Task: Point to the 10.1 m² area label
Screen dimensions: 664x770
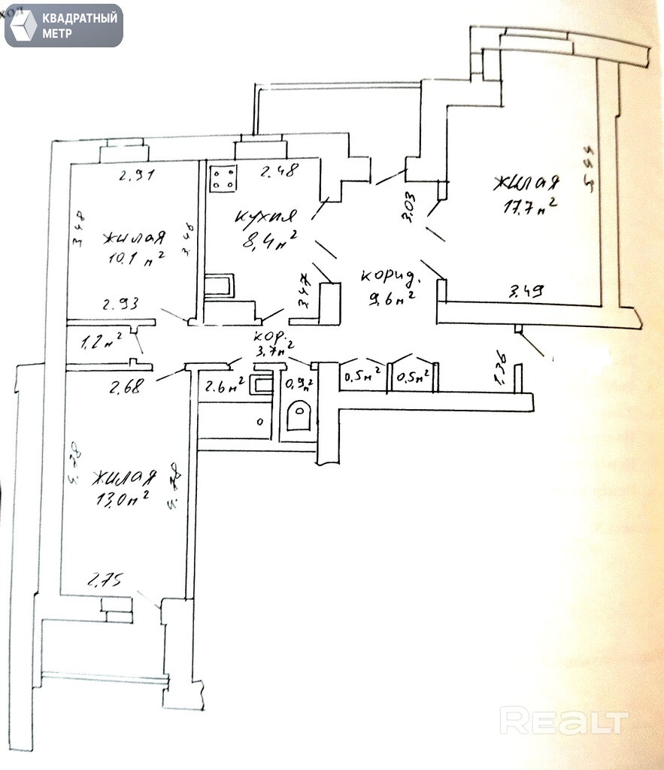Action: click(x=134, y=259)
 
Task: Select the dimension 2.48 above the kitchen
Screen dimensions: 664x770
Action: click(x=278, y=171)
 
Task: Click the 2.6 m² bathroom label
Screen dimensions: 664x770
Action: click(x=223, y=388)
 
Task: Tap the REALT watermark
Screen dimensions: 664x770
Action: click(x=563, y=721)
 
